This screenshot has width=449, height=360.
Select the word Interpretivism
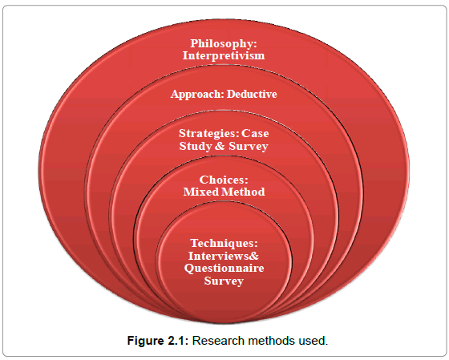pyautogui.click(x=224, y=55)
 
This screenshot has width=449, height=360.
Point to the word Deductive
pyautogui.click(x=252, y=94)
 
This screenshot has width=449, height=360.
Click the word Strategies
pyautogui.click(x=209, y=133)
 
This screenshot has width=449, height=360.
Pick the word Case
pyautogui.click(x=255, y=133)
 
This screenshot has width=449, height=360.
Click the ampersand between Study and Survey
pyautogui.click(x=220, y=146)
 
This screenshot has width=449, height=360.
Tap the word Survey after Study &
pyautogui.click(x=249, y=147)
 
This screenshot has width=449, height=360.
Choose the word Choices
pyautogui.click(x=224, y=180)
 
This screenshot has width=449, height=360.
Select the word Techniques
pyautogui.click(x=224, y=244)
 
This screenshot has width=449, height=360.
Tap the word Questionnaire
pyautogui.click(x=224, y=269)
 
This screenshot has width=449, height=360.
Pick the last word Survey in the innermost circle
pyautogui.click(x=224, y=281)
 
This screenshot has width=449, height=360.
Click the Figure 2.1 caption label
pyautogui.click(x=158, y=341)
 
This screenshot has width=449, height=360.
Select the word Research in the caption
pyautogui.click(x=218, y=341)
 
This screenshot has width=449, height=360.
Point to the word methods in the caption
pyautogui.click(x=272, y=341)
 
